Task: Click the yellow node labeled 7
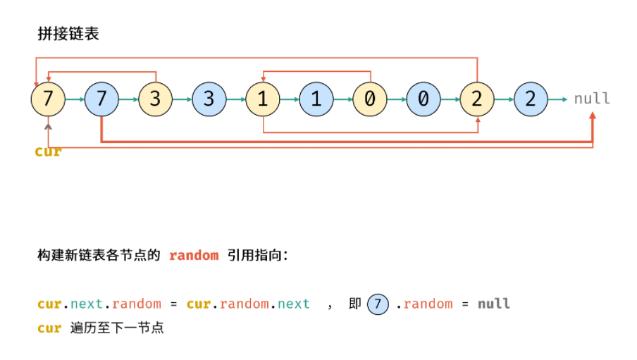[48, 99]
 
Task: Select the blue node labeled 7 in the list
[101, 99]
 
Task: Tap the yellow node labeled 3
[155, 99]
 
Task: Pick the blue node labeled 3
[209, 99]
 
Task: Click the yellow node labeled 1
[262, 99]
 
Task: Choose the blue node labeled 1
[316, 99]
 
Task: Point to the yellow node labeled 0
[370, 99]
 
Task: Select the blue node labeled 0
[423, 99]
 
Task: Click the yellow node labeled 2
[477, 99]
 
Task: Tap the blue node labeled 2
[531, 99]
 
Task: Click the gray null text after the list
[592, 99]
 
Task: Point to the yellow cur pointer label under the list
[49, 151]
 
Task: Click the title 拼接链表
[68, 34]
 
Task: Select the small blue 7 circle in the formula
[378, 304]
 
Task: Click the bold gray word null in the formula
[493, 304]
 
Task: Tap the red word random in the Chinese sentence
[194, 256]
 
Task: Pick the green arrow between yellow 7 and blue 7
[75, 99]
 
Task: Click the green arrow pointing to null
[557, 99]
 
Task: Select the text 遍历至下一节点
[117, 328]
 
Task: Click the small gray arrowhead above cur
[49, 127]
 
